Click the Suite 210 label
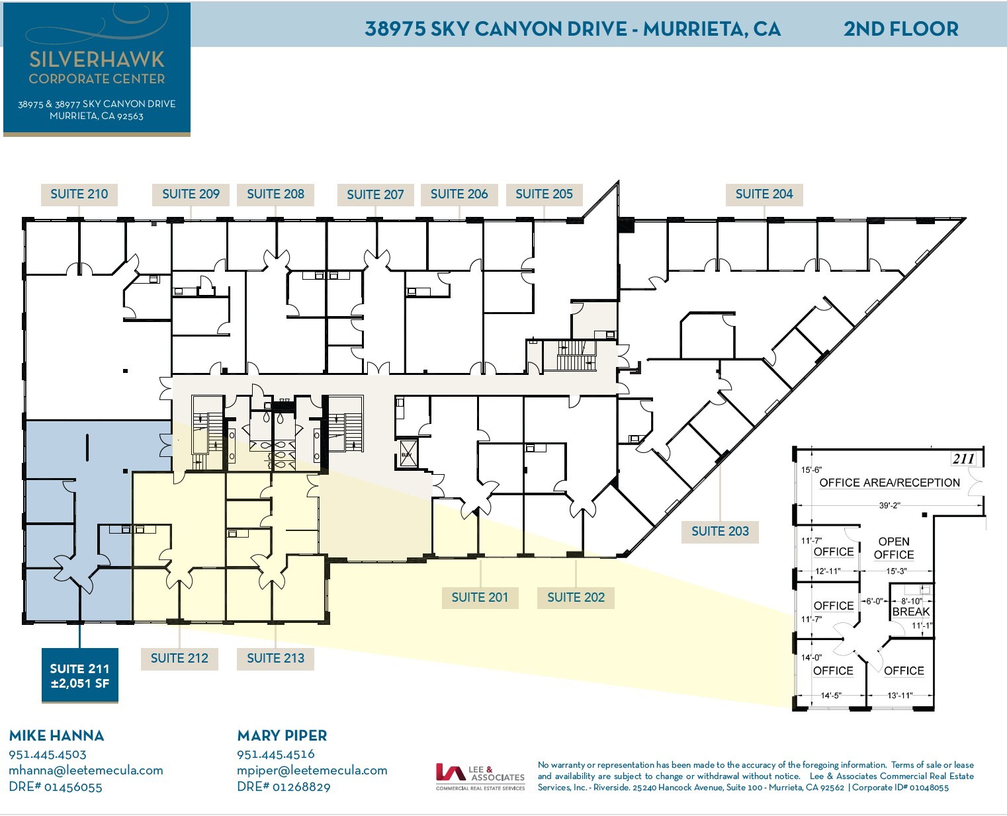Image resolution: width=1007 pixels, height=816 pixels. (79, 194)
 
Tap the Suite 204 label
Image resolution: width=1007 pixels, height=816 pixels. (764, 194)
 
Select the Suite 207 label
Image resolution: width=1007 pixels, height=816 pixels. (374, 194)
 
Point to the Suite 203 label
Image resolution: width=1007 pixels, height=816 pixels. (720, 531)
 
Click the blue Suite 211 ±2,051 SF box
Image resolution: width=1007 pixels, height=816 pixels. (80, 676)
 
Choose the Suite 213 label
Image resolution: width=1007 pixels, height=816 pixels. (275, 658)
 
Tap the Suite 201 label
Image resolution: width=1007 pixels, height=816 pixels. (480, 597)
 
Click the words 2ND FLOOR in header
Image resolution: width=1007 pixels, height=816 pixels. (900, 28)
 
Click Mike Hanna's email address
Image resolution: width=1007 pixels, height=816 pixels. (85, 770)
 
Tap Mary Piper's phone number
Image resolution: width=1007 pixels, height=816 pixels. (276, 754)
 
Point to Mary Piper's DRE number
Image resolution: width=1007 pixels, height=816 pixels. (284, 787)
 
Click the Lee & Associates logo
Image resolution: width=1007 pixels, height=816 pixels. (480, 776)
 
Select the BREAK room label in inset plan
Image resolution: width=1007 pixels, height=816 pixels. (910, 612)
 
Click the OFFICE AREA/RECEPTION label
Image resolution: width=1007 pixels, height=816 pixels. (889, 483)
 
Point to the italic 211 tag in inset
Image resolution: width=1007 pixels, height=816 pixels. (963, 458)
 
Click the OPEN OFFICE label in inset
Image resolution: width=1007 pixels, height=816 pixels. (893, 548)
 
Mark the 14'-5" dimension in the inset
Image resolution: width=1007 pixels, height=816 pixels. (830, 695)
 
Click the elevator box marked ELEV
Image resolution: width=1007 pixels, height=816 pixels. (406, 454)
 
